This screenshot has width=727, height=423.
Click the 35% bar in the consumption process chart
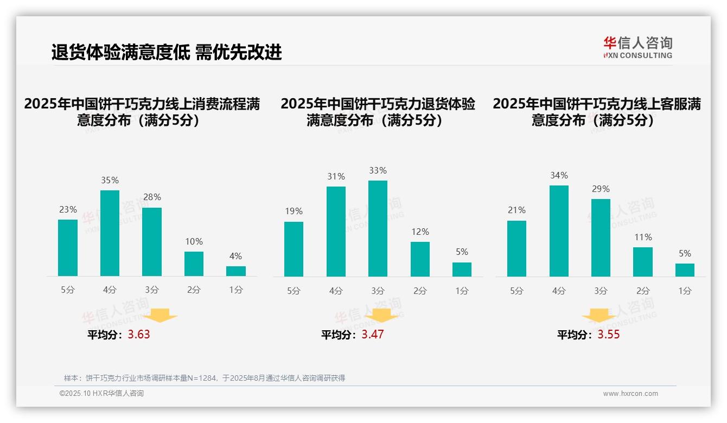coord(110,233)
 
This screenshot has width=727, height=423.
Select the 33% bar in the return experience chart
coord(378,228)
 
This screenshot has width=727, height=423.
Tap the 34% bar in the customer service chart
coord(559,231)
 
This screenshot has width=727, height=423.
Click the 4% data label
coord(235,256)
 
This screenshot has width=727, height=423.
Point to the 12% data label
coord(420,232)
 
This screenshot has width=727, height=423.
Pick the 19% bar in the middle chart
coord(294,249)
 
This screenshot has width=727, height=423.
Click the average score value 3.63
coord(139,334)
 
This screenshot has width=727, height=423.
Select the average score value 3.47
coord(373,334)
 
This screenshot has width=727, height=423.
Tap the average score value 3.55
coord(609,334)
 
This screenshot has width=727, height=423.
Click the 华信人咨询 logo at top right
coord(637,47)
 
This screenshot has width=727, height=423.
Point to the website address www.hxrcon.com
coord(630,394)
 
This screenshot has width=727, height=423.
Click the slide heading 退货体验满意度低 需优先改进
coord(167,52)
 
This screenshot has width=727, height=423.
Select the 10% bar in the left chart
coord(194,264)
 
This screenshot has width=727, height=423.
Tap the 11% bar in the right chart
coord(643,262)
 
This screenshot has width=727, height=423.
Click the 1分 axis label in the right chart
coord(685,291)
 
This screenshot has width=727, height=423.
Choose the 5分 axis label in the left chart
coord(68,290)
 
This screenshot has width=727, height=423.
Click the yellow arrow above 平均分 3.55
coord(599,316)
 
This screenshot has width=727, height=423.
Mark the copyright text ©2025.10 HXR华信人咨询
coord(101,394)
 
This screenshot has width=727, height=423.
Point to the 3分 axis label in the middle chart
coord(378,291)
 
